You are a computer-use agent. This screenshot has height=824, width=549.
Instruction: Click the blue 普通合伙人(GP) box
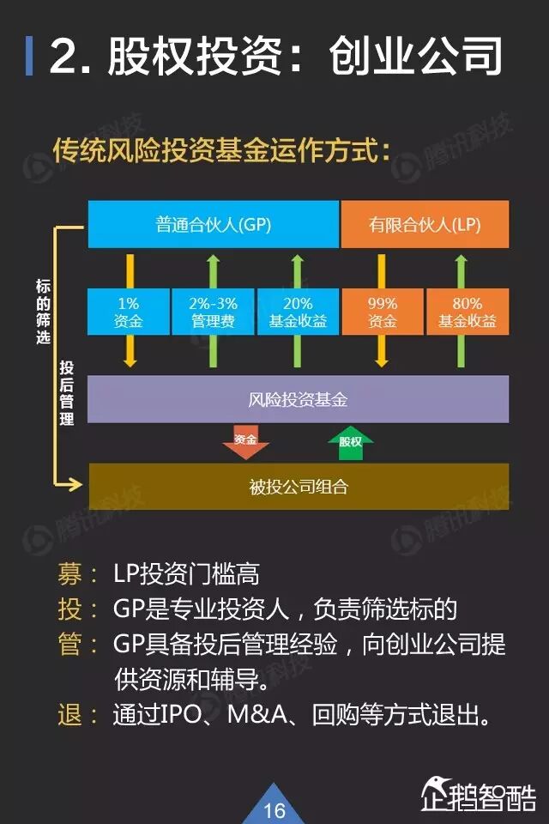click(x=214, y=224)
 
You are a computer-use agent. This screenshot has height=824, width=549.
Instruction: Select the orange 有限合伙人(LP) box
click(x=425, y=224)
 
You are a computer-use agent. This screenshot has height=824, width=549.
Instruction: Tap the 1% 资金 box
click(x=129, y=312)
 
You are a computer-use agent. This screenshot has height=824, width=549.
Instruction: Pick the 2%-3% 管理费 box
click(x=213, y=312)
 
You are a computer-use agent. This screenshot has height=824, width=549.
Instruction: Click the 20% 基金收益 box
click(x=298, y=312)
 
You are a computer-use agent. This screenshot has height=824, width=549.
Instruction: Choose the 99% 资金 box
click(x=383, y=312)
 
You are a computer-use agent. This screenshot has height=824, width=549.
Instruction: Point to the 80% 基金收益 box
click(x=468, y=312)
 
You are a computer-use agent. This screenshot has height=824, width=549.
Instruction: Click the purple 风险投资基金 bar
click(x=298, y=399)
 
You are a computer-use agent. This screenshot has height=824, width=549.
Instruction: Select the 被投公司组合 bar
click(x=298, y=488)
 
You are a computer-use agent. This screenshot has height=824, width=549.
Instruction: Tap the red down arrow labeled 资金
click(x=245, y=442)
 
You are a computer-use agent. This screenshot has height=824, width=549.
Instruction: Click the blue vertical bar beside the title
click(x=30, y=56)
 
